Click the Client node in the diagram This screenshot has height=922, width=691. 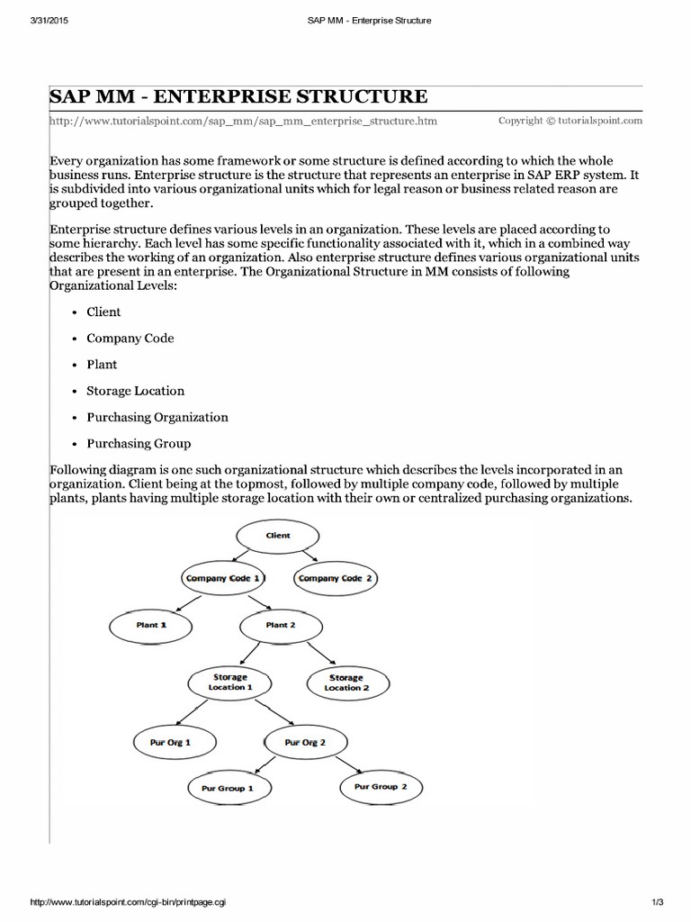278,536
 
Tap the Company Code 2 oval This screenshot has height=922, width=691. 335,578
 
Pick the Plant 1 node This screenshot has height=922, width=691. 151,625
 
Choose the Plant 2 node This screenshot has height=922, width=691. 278,625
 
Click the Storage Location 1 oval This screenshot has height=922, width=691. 230,682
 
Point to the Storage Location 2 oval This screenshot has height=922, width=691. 346,682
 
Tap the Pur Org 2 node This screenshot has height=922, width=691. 305,743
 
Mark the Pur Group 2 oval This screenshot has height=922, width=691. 381,787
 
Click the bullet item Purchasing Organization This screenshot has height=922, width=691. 157,417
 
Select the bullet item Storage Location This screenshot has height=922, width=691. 135,391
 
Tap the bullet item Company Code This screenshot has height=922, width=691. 130,339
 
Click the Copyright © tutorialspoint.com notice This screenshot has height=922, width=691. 570,120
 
